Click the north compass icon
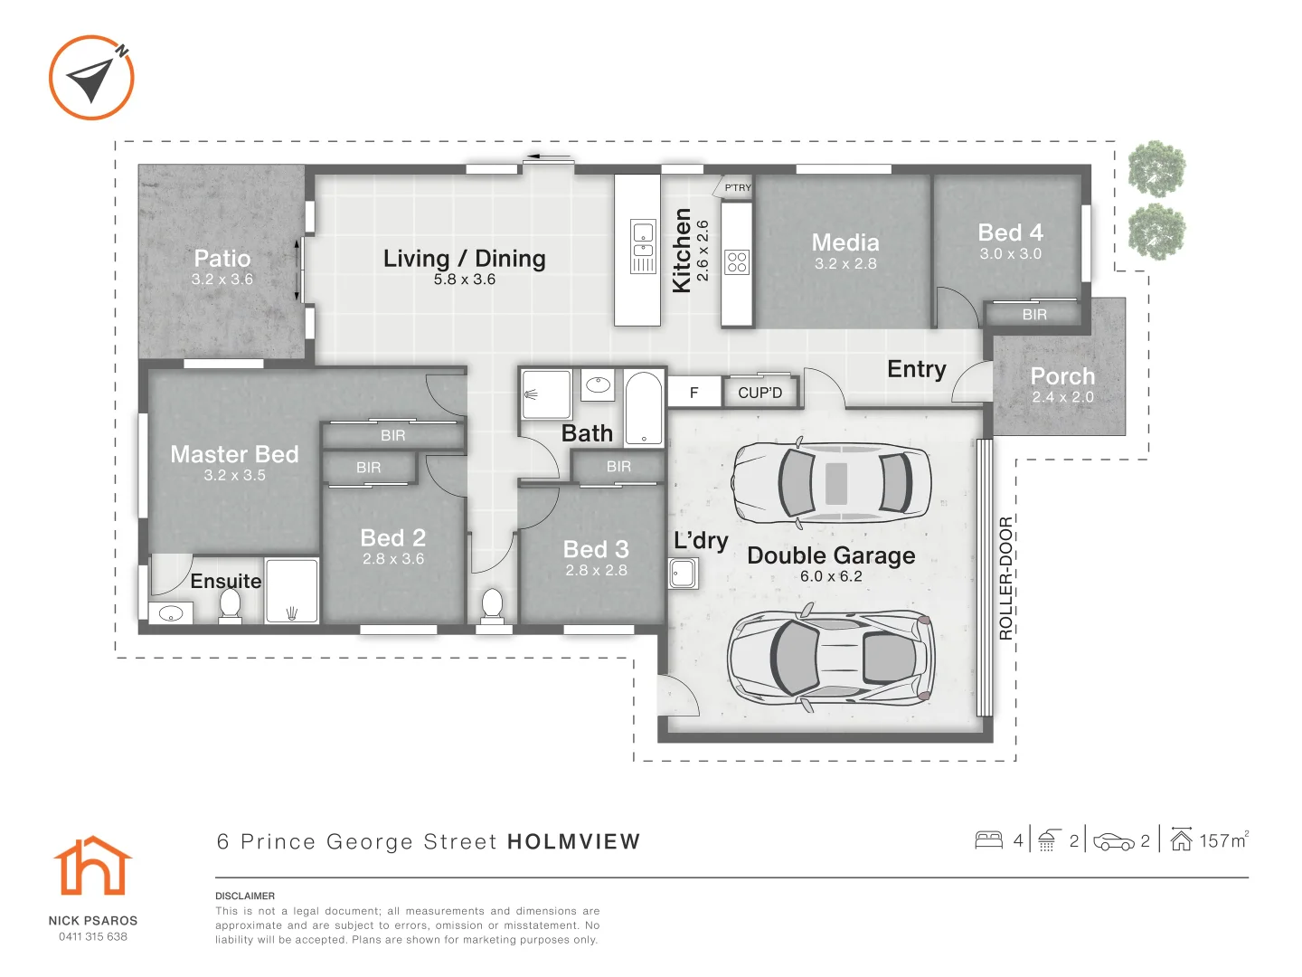[x=91, y=78]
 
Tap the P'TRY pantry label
[x=738, y=188]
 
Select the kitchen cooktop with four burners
[x=737, y=261]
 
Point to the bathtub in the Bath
[x=644, y=407]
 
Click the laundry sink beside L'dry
[x=683, y=573]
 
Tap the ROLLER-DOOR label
[x=1005, y=578]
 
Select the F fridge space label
[x=694, y=393]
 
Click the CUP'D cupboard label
[x=759, y=393]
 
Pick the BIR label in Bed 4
[x=1034, y=315]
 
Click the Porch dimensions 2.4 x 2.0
[x=1063, y=397]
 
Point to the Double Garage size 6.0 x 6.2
[x=831, y=576]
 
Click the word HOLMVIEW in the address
[x=574, y=841]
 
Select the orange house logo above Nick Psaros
[x=92, y=865]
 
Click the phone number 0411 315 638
[x=93, y=936]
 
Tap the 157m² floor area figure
[x=1223, y=840]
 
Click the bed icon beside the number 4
[x=989, y=840]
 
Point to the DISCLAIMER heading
[x=245, y=896]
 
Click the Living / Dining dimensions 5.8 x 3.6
[x=465, y=280]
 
